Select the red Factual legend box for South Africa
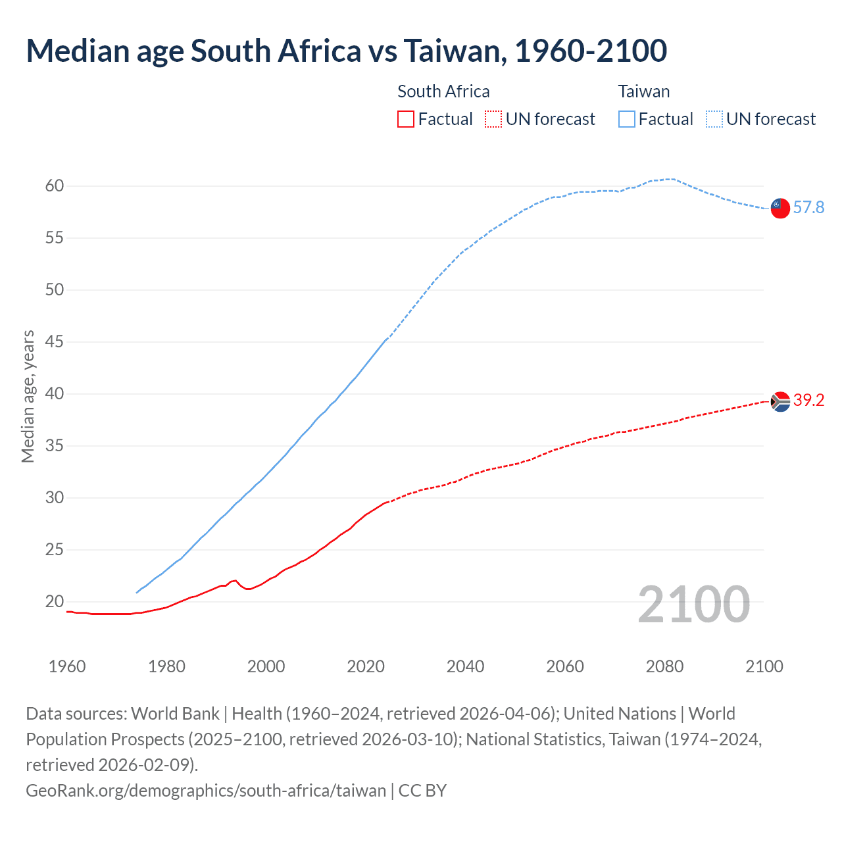point(406,119)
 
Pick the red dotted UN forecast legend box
point(493,119)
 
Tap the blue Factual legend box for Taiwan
point(627,119)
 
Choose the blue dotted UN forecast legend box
point(714,119)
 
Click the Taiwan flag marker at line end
point(780,208)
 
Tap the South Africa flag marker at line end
point(780,401)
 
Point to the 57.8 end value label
point(808,208)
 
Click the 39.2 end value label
point(808,401)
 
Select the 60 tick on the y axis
point(55,186)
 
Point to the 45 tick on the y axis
point(55,342)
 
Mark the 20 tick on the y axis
point(55,601)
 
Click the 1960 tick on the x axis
point(67,666)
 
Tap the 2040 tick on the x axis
point(466,666)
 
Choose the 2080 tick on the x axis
point(664,666)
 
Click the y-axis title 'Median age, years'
point(28,397)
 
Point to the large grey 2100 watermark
point(693,605)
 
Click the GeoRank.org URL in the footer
point(206,790)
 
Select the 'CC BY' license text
point(422,790)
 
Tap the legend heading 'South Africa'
point(443,91)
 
